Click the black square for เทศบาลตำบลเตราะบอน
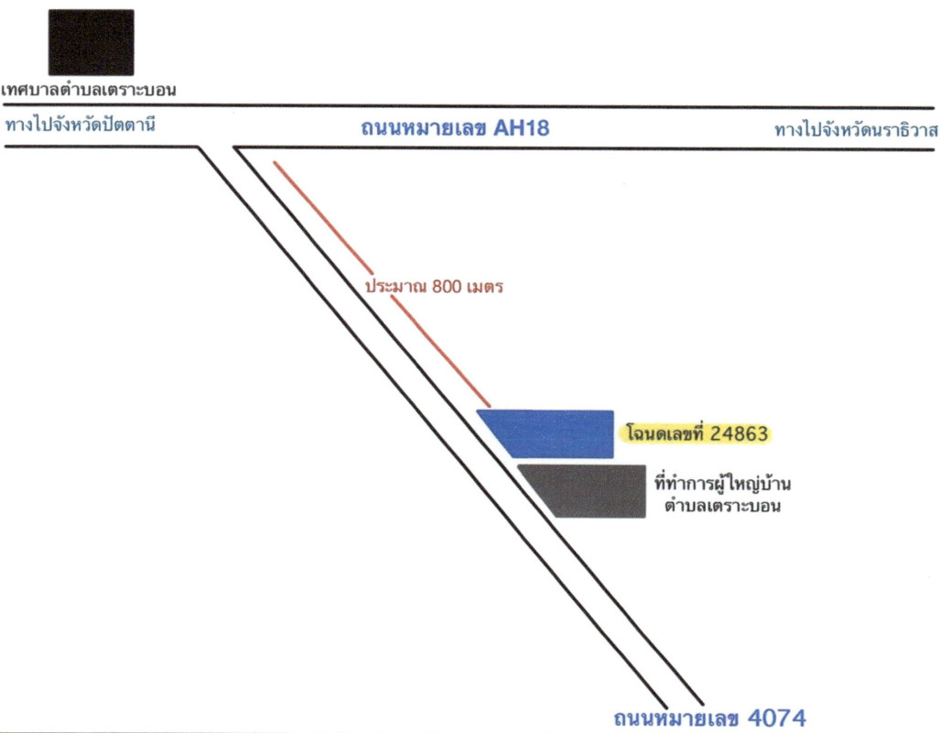(92, 42)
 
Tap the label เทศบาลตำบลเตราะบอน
(89, 90)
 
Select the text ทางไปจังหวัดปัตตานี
(81, 125)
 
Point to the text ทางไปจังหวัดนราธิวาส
(857, 130)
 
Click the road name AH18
(521, 128)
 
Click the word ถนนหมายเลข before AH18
(425, 128)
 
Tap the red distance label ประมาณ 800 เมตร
(434, 287)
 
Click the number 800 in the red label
(447, 287)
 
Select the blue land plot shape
(552, 434)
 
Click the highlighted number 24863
(739, 433)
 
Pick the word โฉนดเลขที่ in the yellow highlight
(665, 432)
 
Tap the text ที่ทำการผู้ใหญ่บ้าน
(722, 484)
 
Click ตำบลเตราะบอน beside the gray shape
(722, 506)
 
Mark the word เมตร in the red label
(484, 287)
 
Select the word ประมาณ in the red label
(396, 287)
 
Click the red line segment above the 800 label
(323, 217)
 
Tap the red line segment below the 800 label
(440, 352)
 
